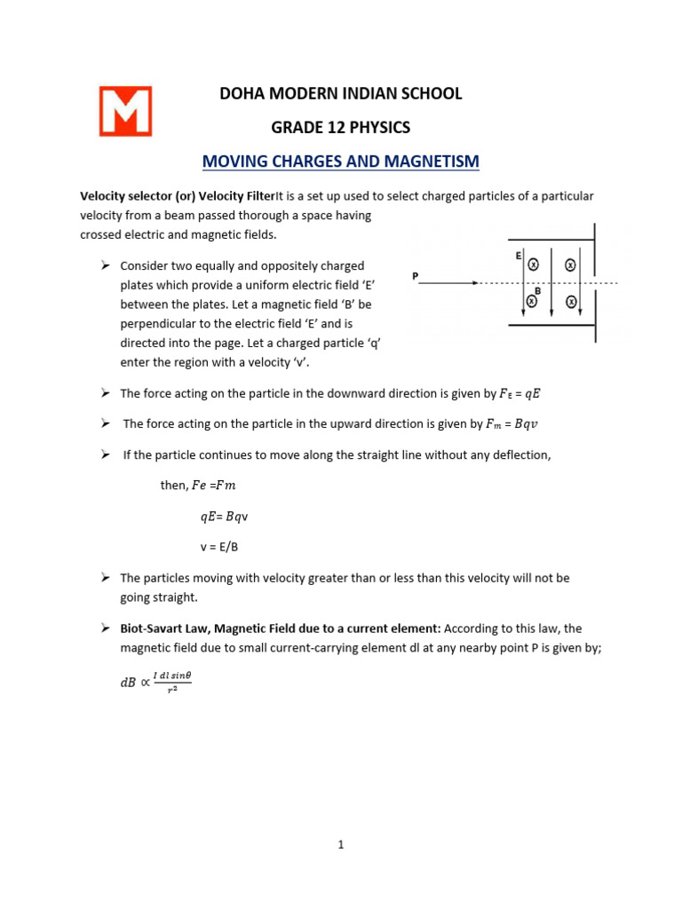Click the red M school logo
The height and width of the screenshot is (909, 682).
125,111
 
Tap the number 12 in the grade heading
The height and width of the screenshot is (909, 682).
337,127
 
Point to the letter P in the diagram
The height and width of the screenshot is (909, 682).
415,276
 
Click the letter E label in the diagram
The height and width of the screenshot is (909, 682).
518,256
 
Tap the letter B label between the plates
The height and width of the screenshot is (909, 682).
536,290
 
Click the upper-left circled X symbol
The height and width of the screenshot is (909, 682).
533,265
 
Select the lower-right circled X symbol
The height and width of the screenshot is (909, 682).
571,303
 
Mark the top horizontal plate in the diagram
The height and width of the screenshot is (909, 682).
551,240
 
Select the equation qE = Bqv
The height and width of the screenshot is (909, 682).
231,516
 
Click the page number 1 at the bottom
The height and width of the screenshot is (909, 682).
341,844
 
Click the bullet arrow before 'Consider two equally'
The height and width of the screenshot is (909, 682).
104,265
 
